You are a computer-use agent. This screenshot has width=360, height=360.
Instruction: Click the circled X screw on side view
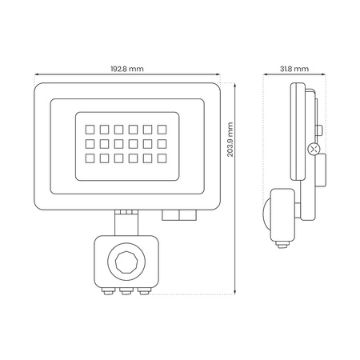(x=314, y=149)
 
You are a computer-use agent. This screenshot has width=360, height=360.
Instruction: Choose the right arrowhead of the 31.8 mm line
(x=308, y=77)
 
